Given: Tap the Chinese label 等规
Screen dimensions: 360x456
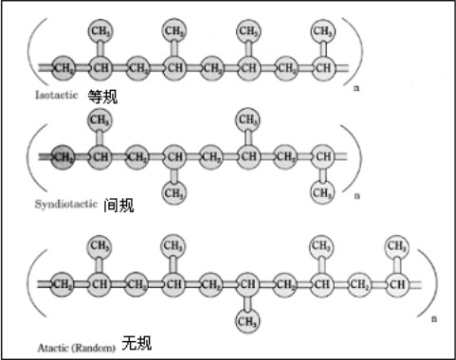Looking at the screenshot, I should point(102,96).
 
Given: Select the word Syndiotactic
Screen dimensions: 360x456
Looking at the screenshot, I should point(65,204).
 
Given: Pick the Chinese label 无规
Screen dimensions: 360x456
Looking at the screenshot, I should point(137,341).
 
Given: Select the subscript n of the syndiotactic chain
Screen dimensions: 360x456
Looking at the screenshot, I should point(358,196).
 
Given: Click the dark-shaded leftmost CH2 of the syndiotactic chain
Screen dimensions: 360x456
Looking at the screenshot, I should point(64,156).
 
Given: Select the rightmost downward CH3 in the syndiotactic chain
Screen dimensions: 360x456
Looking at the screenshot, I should point(323,193).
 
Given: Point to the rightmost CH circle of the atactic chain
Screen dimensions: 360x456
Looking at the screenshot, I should point(398,282).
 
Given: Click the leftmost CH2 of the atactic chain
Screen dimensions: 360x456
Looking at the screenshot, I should point(64,282).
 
